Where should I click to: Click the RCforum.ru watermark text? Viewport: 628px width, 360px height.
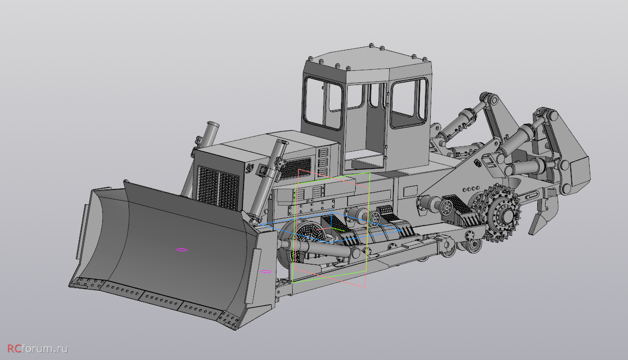tap(38, 348)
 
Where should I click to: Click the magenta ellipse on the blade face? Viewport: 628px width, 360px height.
tap(182, 250)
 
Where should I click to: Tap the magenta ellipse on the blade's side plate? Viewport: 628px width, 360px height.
tap(265, 271)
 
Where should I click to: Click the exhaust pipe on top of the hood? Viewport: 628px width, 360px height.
tap(209, 134)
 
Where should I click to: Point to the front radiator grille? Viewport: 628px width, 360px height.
tap(218, 188)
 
